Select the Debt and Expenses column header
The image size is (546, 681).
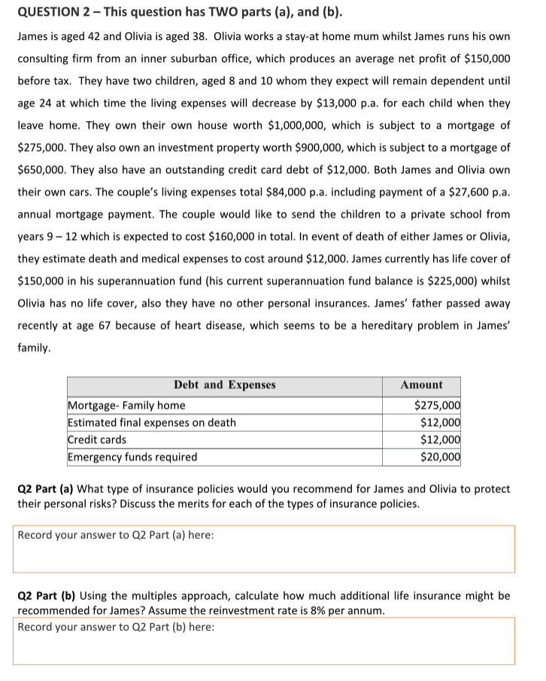point(224,385)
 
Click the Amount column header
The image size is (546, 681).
point(421,385)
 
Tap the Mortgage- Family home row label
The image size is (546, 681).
point(126,406)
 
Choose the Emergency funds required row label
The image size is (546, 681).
point(132,457)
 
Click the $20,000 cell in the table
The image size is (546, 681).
point(440,457)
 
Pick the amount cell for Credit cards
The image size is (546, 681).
point(440,440)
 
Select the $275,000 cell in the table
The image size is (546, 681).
point(437,406)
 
